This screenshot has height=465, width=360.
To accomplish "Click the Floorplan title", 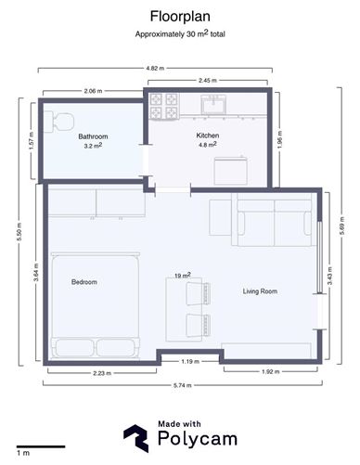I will [179, 16].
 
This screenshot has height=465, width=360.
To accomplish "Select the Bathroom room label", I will [93, 136].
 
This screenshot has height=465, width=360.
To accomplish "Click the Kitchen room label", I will [206, 136].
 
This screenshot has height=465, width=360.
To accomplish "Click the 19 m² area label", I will [182, 276].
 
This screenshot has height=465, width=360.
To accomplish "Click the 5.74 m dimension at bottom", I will [180, 385].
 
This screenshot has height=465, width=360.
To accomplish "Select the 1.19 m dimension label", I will [190, 361].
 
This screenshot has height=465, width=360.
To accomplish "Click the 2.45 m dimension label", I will [208, 80].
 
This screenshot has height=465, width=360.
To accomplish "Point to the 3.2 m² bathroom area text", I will [93, 146].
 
